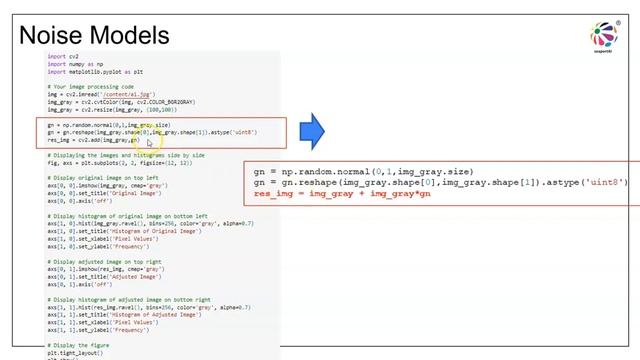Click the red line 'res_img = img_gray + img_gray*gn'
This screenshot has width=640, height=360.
click(339, 194)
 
